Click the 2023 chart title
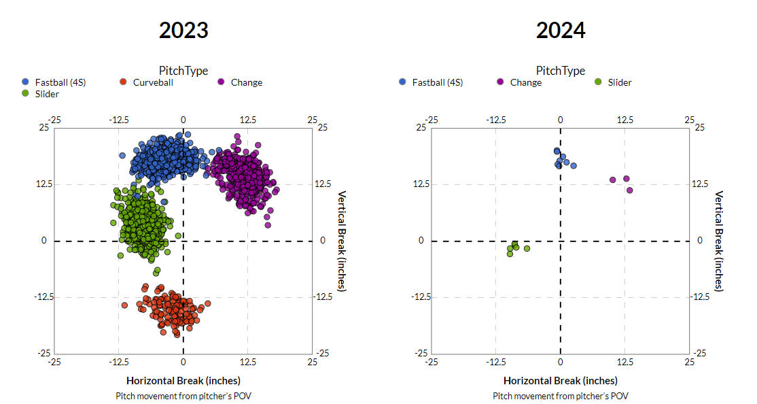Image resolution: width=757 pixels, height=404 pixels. pos(183,30)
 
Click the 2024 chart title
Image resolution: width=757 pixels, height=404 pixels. pos(561,30)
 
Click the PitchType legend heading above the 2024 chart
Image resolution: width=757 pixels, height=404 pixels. pos(561,70)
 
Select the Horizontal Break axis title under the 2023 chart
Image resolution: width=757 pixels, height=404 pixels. pos(183,381)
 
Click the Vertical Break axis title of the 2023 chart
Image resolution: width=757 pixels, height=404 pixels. pos(342,241)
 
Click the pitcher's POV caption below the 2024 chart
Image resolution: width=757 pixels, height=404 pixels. pos(561,396)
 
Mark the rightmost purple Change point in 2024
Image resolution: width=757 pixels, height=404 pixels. pos(630,190)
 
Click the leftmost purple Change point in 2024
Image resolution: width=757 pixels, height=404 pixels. pos(612,180)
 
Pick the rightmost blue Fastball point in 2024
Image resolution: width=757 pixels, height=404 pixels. pos(574,165)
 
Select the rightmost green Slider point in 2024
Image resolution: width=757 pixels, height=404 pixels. pos(527,248)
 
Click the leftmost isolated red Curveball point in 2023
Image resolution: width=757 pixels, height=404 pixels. pos(124,305)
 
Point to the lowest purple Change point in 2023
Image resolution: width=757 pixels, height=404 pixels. pos(268,225)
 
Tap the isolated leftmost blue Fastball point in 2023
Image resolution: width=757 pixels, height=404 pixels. pos(122,155)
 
